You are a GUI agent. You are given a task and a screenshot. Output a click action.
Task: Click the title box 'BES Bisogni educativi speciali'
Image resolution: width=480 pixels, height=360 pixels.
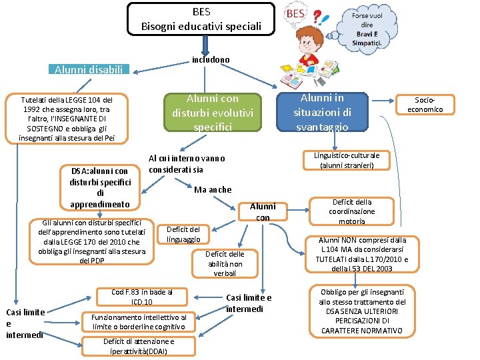click(201, 19)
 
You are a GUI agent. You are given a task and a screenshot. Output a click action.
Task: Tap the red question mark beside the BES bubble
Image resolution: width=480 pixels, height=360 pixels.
click(318, 18)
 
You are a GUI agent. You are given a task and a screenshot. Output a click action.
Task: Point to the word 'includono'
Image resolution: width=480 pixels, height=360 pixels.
click(210, 60)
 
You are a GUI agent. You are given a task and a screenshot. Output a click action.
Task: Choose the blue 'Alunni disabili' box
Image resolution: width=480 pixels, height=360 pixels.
click(89, 69)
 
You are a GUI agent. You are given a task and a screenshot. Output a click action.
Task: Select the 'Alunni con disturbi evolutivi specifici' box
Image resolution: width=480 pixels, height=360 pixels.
click(212, 112)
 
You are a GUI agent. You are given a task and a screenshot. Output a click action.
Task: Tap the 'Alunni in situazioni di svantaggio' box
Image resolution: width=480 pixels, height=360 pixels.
click(323, 112)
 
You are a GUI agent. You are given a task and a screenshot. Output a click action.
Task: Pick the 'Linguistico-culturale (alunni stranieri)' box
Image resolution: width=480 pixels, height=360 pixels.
click(346, 160)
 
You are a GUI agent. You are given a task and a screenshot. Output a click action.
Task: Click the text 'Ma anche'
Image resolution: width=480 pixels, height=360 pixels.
click(213, 190)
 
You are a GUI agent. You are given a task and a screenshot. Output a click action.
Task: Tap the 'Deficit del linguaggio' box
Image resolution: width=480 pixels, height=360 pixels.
click(183, 234)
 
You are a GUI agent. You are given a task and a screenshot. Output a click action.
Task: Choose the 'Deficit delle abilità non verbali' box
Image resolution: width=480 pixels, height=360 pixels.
click(225, 263)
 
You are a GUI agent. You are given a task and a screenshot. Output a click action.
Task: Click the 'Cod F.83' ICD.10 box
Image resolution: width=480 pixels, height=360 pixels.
click(141, 297)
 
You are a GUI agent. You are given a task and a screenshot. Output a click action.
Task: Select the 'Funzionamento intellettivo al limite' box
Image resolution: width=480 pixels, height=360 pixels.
click(139, 322)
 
